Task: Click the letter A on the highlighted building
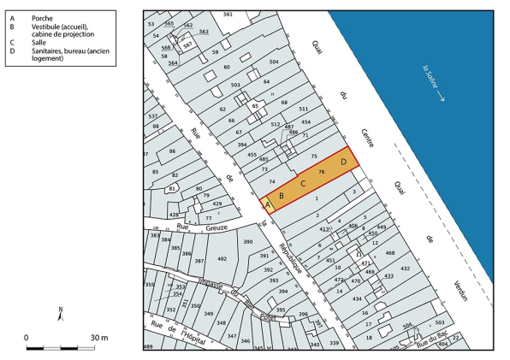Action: [266, 205]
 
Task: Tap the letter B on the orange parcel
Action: [281, 196]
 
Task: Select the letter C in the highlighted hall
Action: [303, 182]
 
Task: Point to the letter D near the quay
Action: [343, 160]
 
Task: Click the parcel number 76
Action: [322, 173]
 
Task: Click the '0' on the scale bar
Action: [27, 338]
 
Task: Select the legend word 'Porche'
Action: [42, 17]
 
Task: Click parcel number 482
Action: [221, 258]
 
